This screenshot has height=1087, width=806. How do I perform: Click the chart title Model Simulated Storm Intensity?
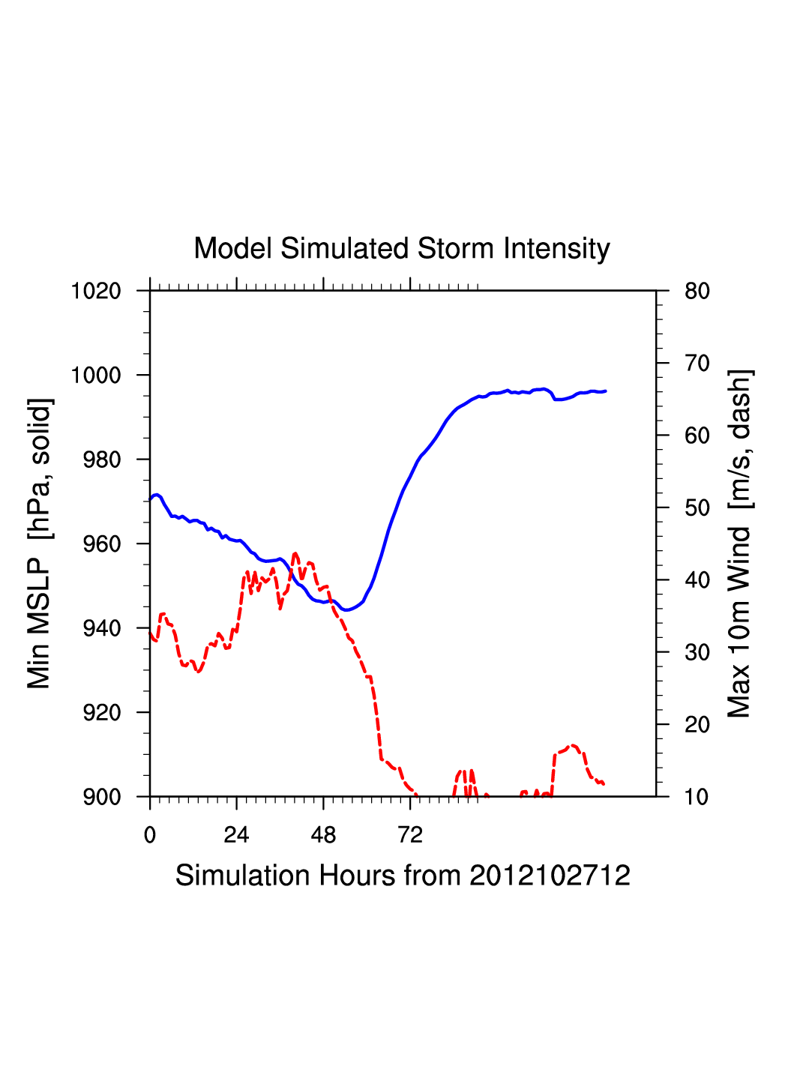click(402, 248)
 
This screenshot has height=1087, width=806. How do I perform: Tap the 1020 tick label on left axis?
click(96, 291)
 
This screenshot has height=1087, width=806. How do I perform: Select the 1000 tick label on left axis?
click(96, 375)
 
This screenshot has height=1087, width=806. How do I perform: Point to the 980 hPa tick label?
click(101, 460)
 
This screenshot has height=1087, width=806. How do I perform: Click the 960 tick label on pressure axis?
click(101, 543)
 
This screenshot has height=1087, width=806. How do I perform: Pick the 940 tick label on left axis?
click(101, 628)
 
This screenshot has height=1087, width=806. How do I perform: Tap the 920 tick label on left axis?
click(101, 712)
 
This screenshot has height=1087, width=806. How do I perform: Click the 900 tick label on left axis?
click(101, 797)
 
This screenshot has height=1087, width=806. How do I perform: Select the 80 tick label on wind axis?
click(697, 291)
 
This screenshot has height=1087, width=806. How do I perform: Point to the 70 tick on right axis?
click(697, 364)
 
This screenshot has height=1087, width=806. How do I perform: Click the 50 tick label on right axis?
click(697, 508)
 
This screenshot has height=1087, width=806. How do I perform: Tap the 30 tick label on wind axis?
click(697, 652)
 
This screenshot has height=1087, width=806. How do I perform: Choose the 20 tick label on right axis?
click(697, 725)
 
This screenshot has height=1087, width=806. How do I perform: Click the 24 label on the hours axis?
click(236, 835)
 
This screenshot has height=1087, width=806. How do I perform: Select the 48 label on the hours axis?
click(323, 835)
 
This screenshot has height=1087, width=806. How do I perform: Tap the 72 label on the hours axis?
click(410, 835)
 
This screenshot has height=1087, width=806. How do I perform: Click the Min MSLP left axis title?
click(39, 543)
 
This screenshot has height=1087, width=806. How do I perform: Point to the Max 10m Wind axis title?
click(739, 543)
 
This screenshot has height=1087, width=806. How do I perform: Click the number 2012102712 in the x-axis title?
click(550, 876)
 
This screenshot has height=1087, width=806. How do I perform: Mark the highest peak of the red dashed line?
click(295, 553)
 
